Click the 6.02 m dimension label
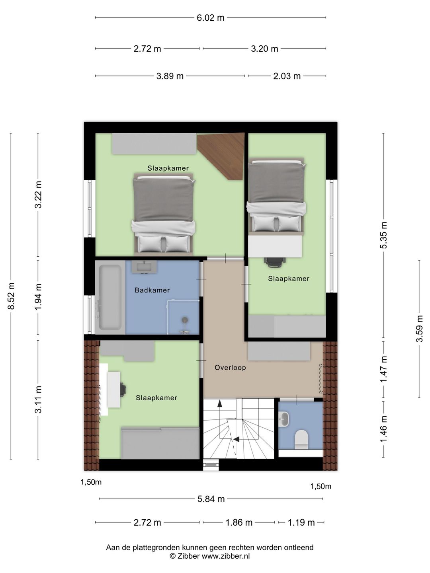(211, 18)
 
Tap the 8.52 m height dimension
(11, 296)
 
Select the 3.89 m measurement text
(170, 76)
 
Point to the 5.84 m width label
(211, 499)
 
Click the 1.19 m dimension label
(301, 522)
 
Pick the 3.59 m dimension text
(419, 328)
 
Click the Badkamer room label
(152, 290)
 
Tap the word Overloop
(230, 368)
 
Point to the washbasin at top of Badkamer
(144, 267)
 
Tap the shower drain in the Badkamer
(185, 319)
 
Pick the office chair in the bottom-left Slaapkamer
(123, 389)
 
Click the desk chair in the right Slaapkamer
(275, 262)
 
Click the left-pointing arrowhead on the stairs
(236, 440)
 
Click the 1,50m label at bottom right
(321, 486)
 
